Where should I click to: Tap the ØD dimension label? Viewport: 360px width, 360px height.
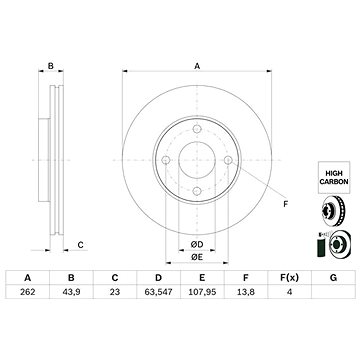click(196, 245)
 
